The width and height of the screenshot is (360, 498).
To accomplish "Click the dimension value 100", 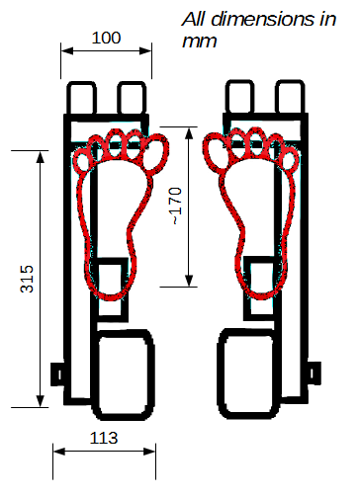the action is click(106, 38).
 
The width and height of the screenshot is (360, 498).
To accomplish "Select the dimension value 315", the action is click(27, 279).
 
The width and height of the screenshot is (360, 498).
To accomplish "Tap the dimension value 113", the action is click(104, 438).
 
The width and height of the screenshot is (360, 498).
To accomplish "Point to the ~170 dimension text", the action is click(176, 207).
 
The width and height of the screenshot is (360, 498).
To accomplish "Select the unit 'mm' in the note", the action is click(200, 41).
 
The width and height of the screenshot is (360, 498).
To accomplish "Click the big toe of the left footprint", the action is click(155, 152).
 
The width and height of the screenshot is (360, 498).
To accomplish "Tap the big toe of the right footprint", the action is click(216, 150).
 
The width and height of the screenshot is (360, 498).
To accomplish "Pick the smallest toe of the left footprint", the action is click(81, 161).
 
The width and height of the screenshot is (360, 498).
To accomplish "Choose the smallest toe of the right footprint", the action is click(290, 160).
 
